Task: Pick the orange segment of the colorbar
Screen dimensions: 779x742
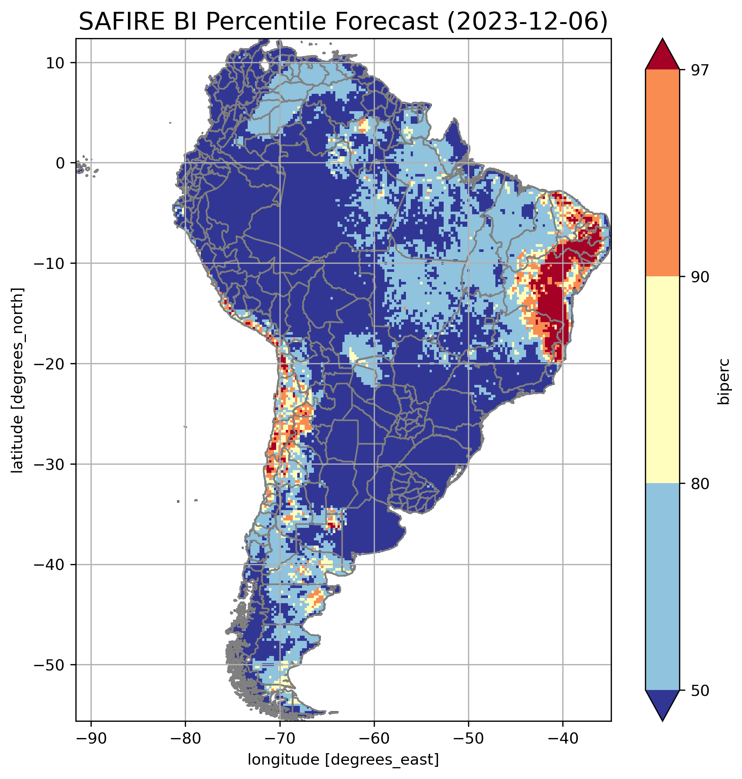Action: [662, 173]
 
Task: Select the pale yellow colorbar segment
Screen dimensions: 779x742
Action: [662, 380]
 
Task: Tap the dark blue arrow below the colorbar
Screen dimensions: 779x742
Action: [662, 705]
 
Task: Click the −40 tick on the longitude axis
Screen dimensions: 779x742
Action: [562, 739]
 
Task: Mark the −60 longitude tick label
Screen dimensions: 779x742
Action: [374, 739]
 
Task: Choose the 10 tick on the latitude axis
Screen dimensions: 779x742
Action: [55, 63]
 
